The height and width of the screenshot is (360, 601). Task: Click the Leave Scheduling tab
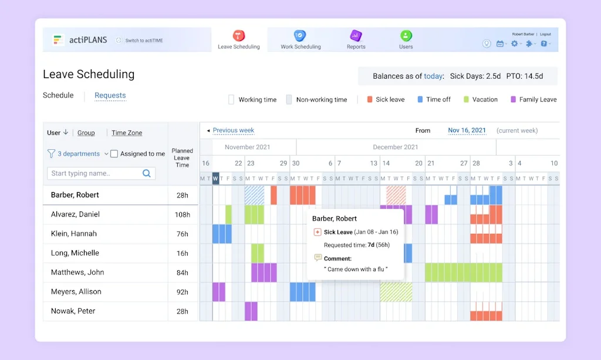(238, 40)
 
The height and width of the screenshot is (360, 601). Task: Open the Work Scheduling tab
(300, 40)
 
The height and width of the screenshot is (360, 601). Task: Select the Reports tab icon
(356, 36)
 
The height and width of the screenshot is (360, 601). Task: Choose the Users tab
(406, 40)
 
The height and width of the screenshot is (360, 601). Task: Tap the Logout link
(545, 34)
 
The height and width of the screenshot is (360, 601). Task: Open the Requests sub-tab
(110, 95)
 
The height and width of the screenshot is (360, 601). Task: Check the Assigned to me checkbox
(114, 154)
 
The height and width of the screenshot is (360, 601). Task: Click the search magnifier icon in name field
(147, 173)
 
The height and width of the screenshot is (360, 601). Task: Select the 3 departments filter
(78, 154)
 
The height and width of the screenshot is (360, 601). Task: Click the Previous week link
(233, 130)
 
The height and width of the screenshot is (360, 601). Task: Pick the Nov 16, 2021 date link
(467, 130)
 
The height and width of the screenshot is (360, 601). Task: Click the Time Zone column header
(127, 133)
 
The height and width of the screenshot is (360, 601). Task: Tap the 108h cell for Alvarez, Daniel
(182, 215)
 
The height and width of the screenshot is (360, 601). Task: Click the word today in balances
(433, 76)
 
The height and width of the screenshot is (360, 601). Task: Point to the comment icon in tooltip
(318, 258)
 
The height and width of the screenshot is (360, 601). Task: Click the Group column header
(86, 133)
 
